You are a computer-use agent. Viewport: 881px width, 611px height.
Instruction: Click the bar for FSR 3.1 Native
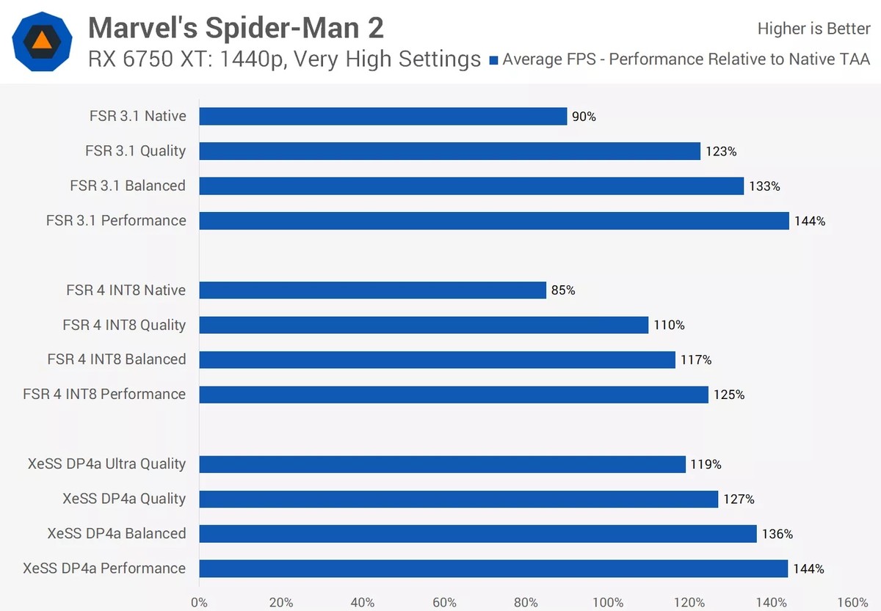click(x=383, y=117)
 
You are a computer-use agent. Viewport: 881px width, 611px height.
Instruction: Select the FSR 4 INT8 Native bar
click(x=373, y=290)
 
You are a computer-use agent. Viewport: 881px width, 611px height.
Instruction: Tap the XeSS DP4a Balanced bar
click(x=478, y=533)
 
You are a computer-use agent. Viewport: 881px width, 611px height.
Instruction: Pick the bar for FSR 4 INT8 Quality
click(x=424, y=325)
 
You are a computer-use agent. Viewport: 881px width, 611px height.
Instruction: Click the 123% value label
click(x=721, y=151)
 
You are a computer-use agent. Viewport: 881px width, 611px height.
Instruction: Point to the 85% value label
click(x=563, y=290)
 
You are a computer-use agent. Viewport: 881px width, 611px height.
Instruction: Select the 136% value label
click(x=777, y=533)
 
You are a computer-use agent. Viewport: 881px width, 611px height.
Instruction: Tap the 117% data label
click(x=696, y=359)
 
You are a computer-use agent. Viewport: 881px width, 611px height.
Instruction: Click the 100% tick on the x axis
click(x=608, y=602)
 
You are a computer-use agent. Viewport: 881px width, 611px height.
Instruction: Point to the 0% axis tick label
click(x=199, y=602)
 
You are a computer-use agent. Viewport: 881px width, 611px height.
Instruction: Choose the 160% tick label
click(x=852, y=602)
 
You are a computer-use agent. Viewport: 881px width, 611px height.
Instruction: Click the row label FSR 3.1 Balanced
click(x=128, y=186)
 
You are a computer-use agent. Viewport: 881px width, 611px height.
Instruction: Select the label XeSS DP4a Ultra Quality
click(x=106, y=464)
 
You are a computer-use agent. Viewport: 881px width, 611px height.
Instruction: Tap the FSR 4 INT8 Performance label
click(x=104, y=394)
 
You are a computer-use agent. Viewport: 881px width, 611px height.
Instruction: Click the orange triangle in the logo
click(x=42, y=40)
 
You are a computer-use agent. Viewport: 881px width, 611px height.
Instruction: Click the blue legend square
click(x=493, y=60)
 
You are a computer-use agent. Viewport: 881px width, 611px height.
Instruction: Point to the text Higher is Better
click(x=813, y=29)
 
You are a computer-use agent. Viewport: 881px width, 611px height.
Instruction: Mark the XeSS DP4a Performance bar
click(x=493, y=568)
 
